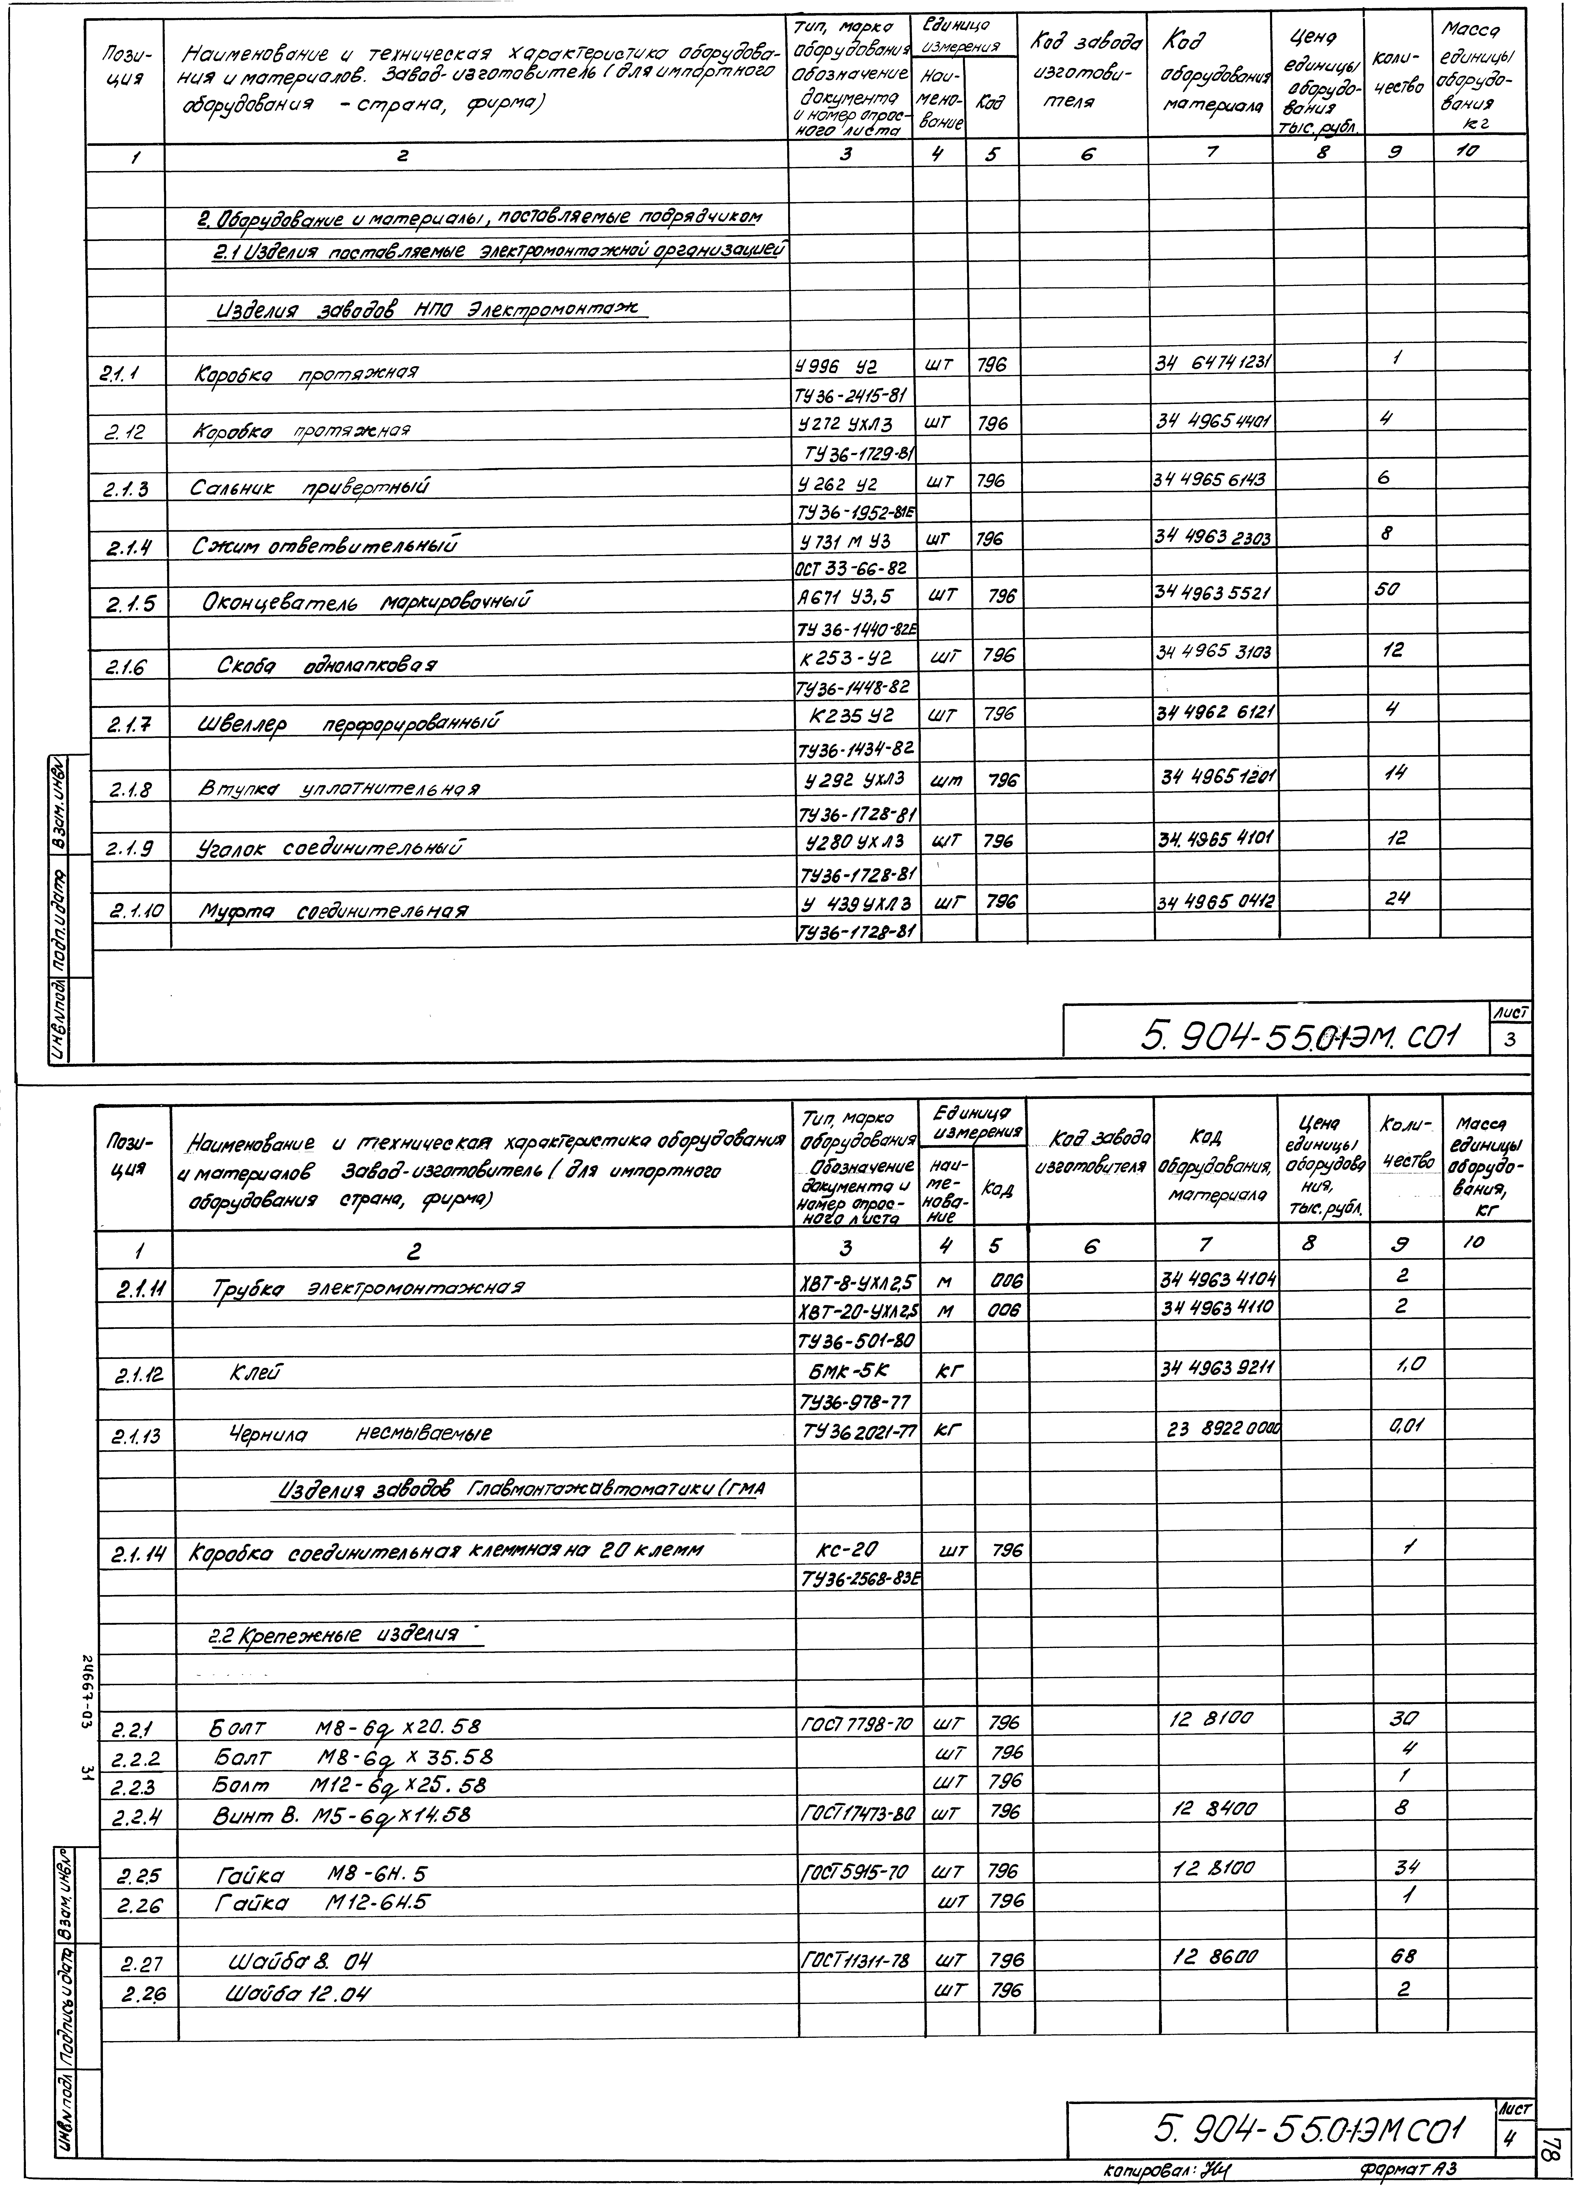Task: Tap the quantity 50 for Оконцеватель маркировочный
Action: click(1388, 589)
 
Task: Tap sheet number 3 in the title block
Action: click(1510, 1039)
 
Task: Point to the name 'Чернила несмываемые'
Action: click(360, 1433)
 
